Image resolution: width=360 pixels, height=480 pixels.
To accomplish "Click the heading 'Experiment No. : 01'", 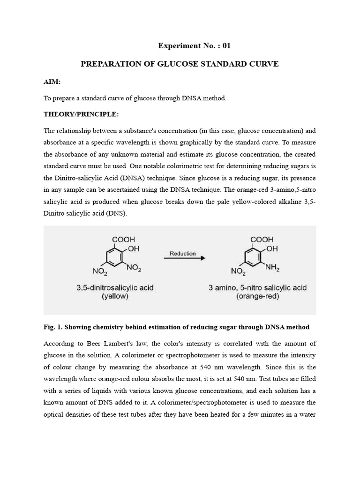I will [x=194, y=46].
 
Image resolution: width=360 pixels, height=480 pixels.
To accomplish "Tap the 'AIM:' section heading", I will [x=52, y=82].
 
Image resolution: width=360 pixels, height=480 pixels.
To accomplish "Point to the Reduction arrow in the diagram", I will [x=184, y=258].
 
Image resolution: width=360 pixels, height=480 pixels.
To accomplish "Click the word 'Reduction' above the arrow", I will [x=183, y=253].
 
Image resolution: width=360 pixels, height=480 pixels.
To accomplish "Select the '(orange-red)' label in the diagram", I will [x=258, y=296].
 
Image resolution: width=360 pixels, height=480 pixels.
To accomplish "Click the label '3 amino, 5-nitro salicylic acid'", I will [x=257, y=287].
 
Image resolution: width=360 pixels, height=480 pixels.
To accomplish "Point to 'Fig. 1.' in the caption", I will [x=52, y=327].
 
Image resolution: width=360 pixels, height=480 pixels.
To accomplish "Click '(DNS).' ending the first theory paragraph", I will [x=116, y=213].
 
